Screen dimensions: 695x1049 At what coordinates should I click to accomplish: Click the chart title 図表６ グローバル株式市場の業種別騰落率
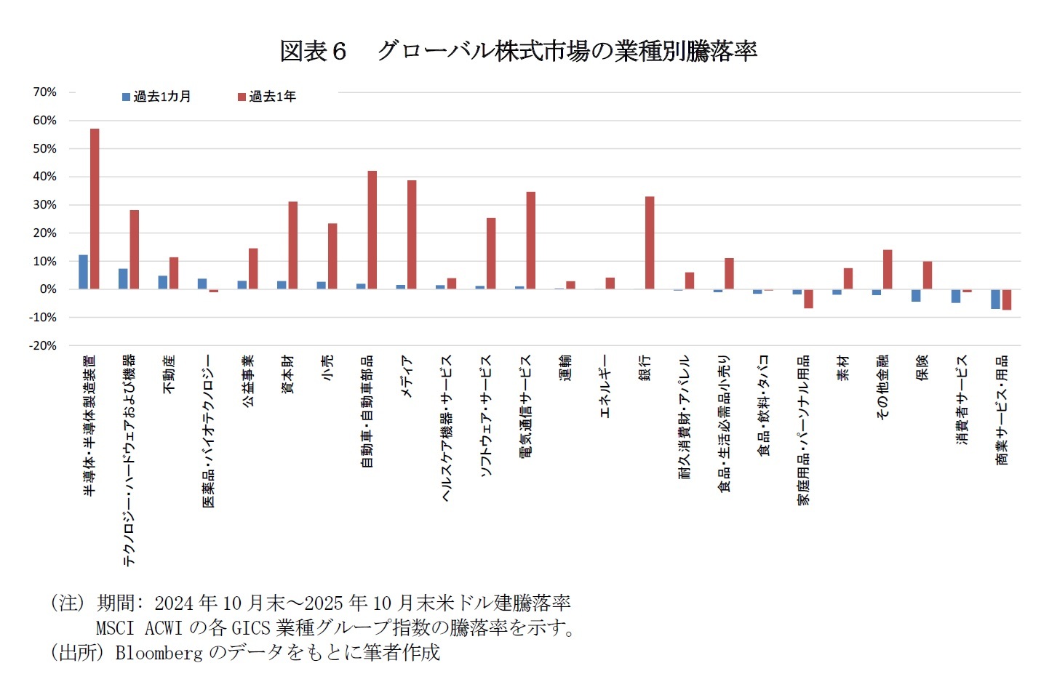click(x=518, y=51)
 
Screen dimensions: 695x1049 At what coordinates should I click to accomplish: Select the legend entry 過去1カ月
click(x=156, y=97)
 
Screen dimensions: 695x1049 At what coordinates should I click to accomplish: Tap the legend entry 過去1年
click(x=267, y=97)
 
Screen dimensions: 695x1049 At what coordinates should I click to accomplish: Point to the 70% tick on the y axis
click(x=44, y=92)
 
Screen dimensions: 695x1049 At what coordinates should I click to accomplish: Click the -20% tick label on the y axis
click(x=42, y=346)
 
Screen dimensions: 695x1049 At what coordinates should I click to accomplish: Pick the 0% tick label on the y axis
click(x=47, y=289)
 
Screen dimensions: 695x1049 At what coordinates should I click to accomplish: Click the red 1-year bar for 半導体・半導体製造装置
click(x=95, y=209)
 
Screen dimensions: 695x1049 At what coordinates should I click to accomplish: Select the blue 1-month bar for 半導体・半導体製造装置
click(x=83, y=272)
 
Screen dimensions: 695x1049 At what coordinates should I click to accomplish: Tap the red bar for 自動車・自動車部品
click(x=372, y=230)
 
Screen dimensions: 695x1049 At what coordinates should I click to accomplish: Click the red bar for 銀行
click(x=649, y=243)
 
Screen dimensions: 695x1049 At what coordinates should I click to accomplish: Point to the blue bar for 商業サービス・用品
click(x=995, y=299)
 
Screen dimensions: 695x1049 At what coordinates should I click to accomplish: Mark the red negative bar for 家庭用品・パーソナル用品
click(x=808, y=299)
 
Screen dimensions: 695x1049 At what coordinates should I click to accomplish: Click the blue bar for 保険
click(x=916, y=295)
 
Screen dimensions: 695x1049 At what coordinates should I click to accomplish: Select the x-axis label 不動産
click(x=169, y=374)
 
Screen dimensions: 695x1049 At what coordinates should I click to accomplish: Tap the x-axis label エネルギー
click(x=605, y=386)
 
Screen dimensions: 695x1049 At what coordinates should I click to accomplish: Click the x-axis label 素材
click(x=842, y=369)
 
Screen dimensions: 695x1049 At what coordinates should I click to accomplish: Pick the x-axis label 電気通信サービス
click(x=525, y=406)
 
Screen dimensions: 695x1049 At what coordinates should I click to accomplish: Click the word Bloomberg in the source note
click(x=159, y=653)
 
